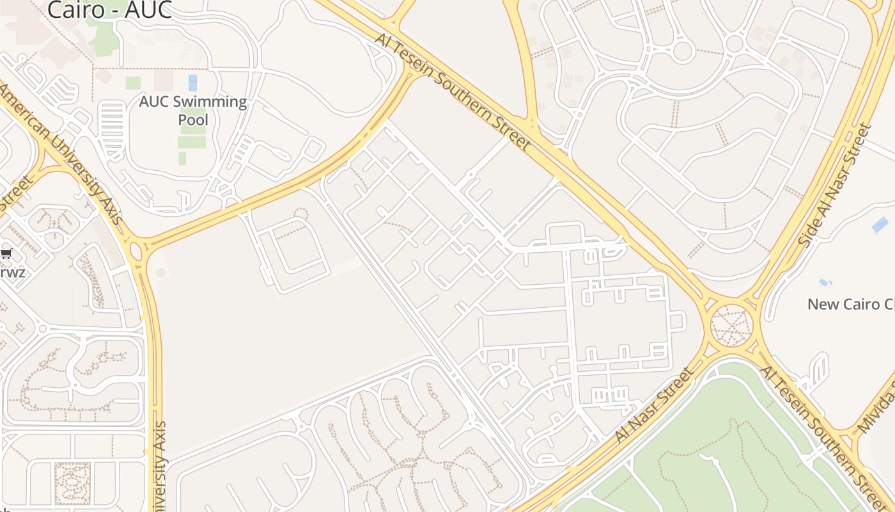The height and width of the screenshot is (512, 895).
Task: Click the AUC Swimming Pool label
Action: point(193,110)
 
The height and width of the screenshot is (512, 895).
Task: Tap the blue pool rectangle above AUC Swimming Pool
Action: point(192,83)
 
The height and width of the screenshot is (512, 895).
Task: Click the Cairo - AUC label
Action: point(109,9)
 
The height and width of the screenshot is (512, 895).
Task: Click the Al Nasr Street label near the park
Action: point(654,405)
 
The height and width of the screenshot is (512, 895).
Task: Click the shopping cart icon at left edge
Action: point(6,253)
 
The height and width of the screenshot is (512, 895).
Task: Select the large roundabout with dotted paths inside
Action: point(732,326)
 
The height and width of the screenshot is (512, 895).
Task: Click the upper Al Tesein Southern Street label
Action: point(453,92)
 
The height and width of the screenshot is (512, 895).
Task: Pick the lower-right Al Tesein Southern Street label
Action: point(821,435)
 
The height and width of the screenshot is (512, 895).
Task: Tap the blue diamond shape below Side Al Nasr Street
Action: point(880,225)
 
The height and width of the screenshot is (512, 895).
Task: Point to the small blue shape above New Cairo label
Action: point(825,282)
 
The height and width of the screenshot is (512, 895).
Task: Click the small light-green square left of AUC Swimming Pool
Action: point(133,83)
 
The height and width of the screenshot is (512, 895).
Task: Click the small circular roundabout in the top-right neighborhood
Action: point(683,51)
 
